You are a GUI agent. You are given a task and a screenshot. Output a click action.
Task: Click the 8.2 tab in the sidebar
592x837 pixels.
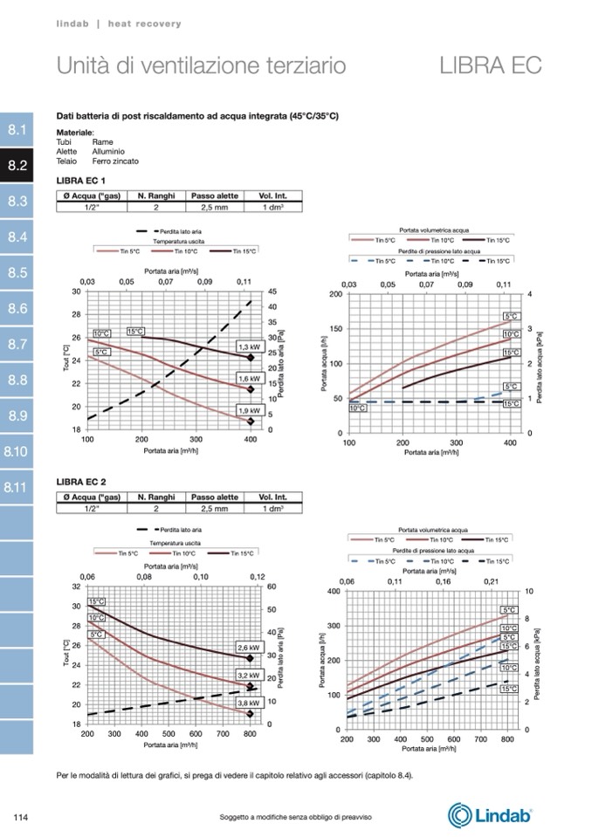point(17,165)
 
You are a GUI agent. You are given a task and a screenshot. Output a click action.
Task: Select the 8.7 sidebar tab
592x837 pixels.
point(17,344)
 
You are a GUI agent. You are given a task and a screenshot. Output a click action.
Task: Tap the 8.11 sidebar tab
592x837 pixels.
point(17,487)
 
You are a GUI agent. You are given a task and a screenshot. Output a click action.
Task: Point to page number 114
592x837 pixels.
point(23,816)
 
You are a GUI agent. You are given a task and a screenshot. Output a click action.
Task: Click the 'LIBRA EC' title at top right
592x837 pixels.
point(491,65)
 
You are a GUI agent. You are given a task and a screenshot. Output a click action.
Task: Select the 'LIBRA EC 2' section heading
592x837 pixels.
point(81,482)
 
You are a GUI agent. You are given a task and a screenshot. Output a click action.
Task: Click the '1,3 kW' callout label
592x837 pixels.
point(249,346)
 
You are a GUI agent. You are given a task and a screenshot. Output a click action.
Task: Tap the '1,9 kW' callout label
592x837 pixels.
point(249,410)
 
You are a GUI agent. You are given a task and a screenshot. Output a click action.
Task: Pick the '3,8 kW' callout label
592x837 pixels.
point(249,703)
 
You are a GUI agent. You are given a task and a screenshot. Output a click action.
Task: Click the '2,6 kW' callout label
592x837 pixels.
point(249,648)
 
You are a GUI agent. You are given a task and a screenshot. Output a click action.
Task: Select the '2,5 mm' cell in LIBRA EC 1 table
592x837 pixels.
point(214,207)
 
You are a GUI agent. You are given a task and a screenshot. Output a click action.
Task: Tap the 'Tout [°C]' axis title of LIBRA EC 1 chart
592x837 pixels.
point(66,360)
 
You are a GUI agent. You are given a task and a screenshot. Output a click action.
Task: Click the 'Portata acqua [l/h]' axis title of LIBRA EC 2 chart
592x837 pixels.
point(325,661)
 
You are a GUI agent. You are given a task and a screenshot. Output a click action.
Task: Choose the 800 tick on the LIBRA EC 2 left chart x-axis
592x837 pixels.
point(250,735)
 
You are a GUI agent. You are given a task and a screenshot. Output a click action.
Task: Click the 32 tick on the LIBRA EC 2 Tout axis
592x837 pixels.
point(76,587)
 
